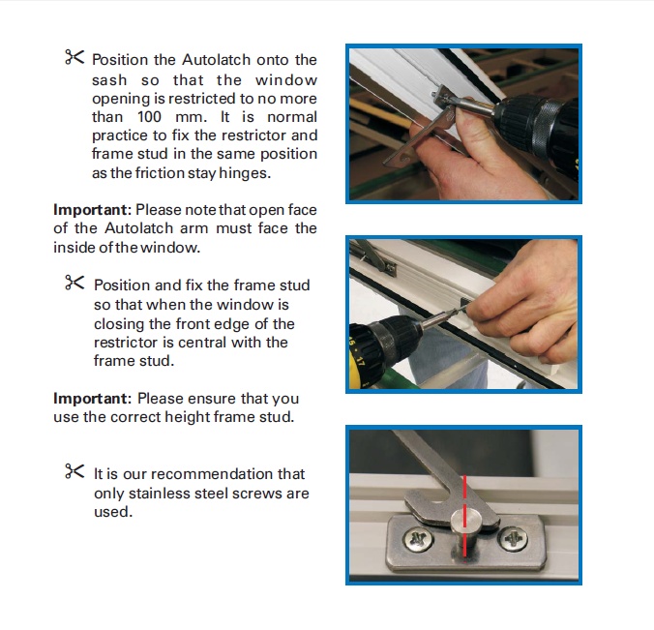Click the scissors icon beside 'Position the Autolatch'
pyautogui.click(x=74, y=58)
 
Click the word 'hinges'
pyautogui.click(x=289, y=173)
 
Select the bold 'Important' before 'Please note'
pyautogui.click(x=91, y=210)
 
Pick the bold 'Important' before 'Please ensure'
pyautogui.click(x=91, y=399)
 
